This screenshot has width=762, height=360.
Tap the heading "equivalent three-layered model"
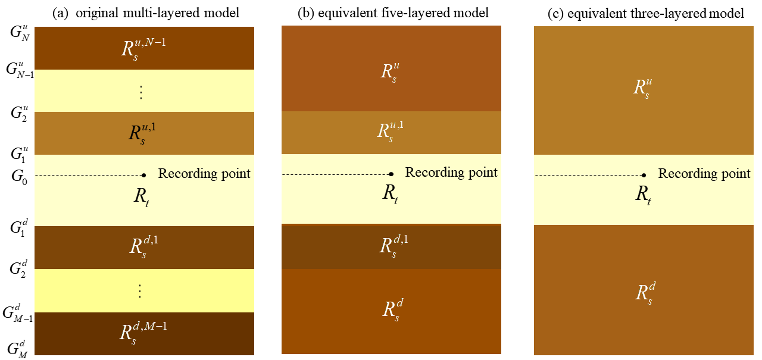645,13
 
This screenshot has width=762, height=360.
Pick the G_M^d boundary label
17,348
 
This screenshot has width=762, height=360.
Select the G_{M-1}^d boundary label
17,313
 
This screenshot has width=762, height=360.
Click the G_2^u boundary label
17,112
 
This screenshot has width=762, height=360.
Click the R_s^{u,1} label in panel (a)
143,133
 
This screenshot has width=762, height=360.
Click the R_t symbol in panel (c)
643,195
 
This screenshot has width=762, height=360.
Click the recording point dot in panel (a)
144,175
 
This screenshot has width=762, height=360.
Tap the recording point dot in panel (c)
644,175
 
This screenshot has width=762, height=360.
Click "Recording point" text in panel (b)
451,173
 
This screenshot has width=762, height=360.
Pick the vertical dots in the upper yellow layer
141,92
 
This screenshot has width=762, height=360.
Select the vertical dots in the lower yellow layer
141,290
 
